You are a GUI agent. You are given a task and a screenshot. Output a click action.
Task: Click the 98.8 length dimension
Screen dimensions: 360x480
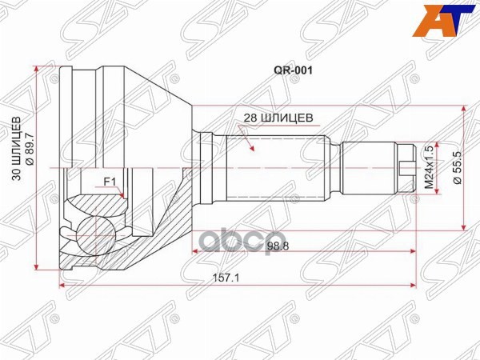(277, 246)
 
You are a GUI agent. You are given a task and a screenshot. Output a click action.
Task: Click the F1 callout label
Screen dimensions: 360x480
(110, 181)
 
